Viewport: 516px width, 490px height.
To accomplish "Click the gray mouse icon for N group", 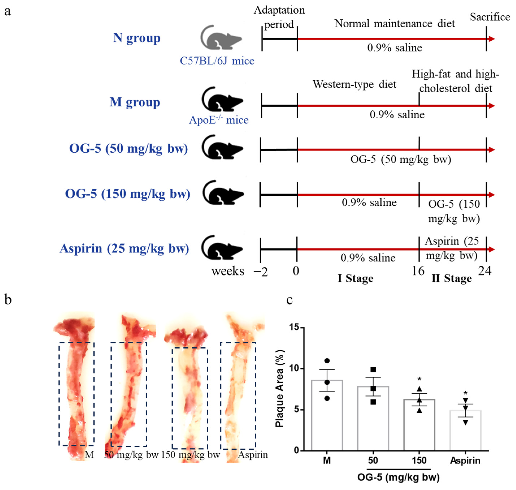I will click(x=221, y=38).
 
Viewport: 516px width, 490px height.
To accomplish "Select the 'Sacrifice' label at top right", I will click(x=490, y=17).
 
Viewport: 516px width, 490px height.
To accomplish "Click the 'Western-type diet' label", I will click(x=354, y=84).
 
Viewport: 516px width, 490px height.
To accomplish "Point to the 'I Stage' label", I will click(x=355, y=278).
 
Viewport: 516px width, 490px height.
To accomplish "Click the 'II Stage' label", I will click(x=452, y=278).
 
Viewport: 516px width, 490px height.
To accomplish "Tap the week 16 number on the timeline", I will click(x=418, y=271).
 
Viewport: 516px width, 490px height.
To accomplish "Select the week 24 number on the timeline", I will click(x=485, y=271).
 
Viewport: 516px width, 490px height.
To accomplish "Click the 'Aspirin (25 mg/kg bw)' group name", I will click(x=124, y=248).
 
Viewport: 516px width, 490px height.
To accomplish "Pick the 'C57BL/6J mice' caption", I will click(x=217, y=61).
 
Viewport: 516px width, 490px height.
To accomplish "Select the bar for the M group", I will click(x=327, y=415).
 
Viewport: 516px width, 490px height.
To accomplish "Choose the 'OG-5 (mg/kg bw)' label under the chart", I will click(x=398, y=477).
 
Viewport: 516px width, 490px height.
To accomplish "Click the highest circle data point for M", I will click(x=327, y=361).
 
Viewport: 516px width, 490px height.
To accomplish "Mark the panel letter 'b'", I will click(x=8, y=300).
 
